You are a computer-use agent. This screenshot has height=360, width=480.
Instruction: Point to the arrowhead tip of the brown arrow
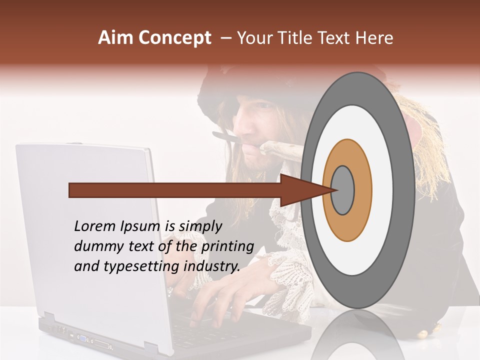click(x=333, y=190)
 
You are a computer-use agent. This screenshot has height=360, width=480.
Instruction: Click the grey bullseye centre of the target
click(x=343, y=190)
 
